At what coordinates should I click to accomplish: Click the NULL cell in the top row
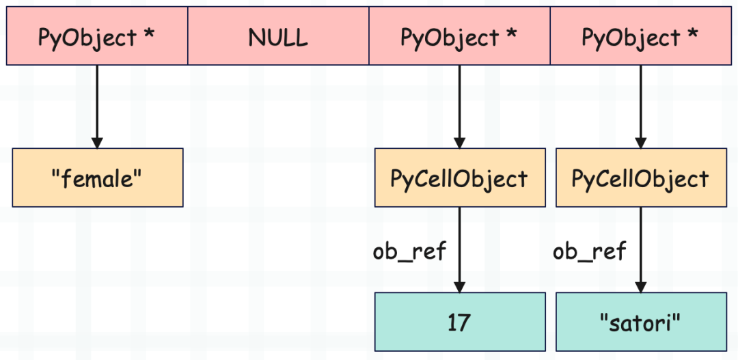tap(278, 36)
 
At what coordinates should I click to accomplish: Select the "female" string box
tap(98, 178)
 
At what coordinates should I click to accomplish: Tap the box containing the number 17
tap(460, 322)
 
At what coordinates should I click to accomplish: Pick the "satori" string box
tap(641, 322)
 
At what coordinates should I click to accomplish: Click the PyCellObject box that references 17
tap(460, 178)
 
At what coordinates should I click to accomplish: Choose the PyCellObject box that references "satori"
tap(641, 178)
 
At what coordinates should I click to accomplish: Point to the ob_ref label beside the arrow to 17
tap(409, 252)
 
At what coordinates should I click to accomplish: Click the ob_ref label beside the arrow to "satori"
tap(589, 252)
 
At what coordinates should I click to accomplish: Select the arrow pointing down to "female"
tap(97, 107)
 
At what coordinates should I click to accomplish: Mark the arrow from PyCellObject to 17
tap(459, 250)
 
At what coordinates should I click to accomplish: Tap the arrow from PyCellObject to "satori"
tap(640, 250)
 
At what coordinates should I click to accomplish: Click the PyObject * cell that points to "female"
tap(97, 36)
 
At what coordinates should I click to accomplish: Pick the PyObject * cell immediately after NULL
tap(459, 36)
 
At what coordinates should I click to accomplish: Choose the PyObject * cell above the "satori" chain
tap(640, 36)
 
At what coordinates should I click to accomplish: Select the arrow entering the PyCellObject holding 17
tap(459, 107)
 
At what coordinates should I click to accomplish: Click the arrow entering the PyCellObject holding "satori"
tap(640, 107)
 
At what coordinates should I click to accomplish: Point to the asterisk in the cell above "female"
tap(149, 34)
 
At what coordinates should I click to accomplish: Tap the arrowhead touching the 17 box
tap(459, 287)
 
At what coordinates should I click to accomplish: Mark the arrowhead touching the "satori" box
tap(640, 287)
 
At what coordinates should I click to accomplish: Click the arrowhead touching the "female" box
tap(97, 143)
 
